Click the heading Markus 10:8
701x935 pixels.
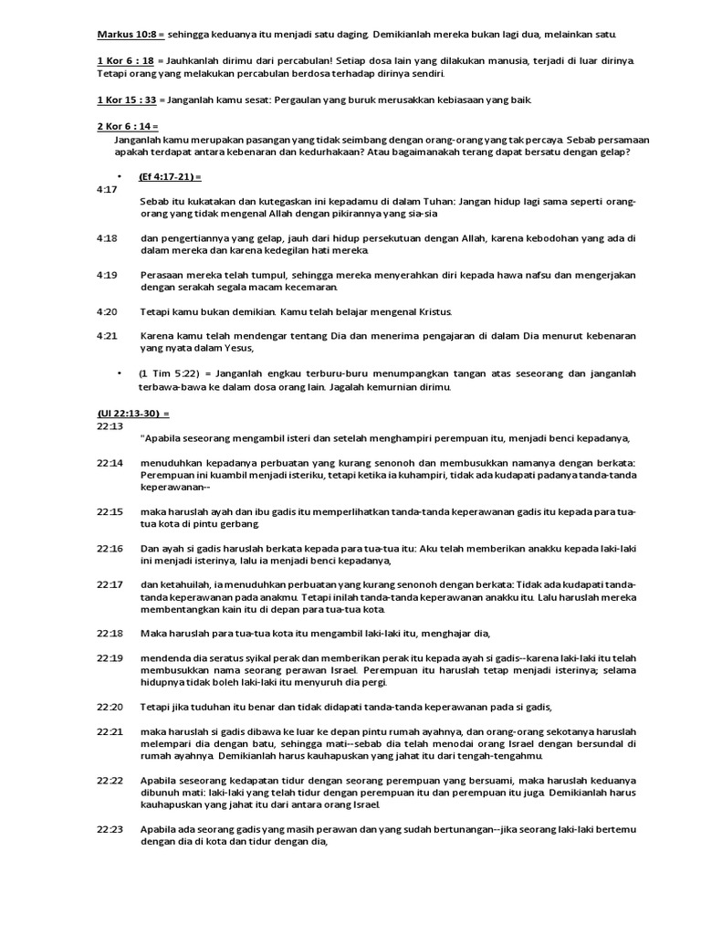[x=128, y=35]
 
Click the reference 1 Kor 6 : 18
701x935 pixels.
[x=125, y=59]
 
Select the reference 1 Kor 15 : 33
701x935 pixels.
[x=127, y=99]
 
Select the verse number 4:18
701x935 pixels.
[x=106, y=238]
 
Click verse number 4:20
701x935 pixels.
[x=106, y=311]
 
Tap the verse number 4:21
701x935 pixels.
[x=106, y=336]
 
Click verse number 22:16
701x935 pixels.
[x=109, y=548]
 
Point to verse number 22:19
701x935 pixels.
[x=109, y=657]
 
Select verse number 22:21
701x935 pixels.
[x=109, y=732]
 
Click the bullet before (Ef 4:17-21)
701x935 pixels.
[x=120, y=176]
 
